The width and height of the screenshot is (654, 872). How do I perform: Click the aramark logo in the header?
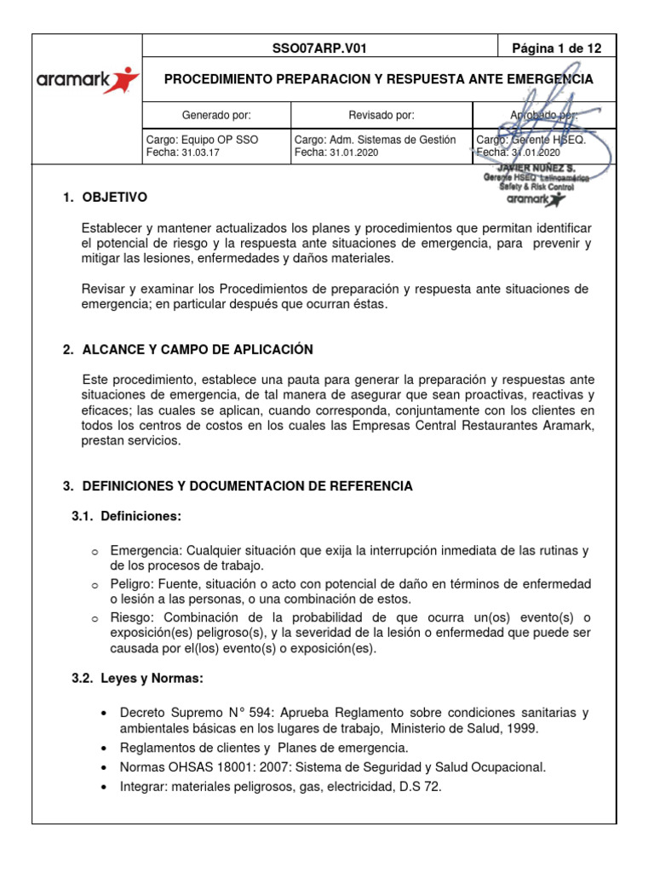click(87, 80)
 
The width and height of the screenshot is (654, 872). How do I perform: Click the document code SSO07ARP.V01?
click(319, 49)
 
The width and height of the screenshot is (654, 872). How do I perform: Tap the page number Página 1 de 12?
click(556, 49)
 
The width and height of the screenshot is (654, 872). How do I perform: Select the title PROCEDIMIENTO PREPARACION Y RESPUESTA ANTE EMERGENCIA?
click(378, 79)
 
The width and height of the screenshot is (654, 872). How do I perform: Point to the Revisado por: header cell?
click(381, 114)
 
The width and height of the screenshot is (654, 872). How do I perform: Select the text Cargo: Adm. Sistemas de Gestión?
click(375, 140)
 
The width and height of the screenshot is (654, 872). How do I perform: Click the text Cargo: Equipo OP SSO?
click(203, 140)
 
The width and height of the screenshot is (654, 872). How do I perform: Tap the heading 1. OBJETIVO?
click(106, 198)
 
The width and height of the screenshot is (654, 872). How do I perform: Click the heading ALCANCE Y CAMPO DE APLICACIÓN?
click(198, 350)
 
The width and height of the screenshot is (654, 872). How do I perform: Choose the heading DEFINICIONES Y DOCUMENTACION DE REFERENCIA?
click(247, 486)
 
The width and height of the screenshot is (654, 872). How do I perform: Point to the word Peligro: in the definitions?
click(132, 583)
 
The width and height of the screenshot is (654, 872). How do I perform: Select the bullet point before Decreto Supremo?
click(103, 713)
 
